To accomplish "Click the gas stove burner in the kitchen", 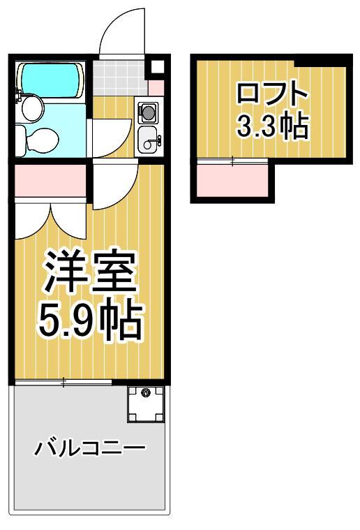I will point(148,111).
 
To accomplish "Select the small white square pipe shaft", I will point(157,68).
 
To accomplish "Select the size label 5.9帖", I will point(89,319).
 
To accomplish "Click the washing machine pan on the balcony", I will point(145,403).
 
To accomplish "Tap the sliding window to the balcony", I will point(63,382).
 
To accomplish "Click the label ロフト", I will point(271,94).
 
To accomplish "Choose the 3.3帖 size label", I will point(271,126).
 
